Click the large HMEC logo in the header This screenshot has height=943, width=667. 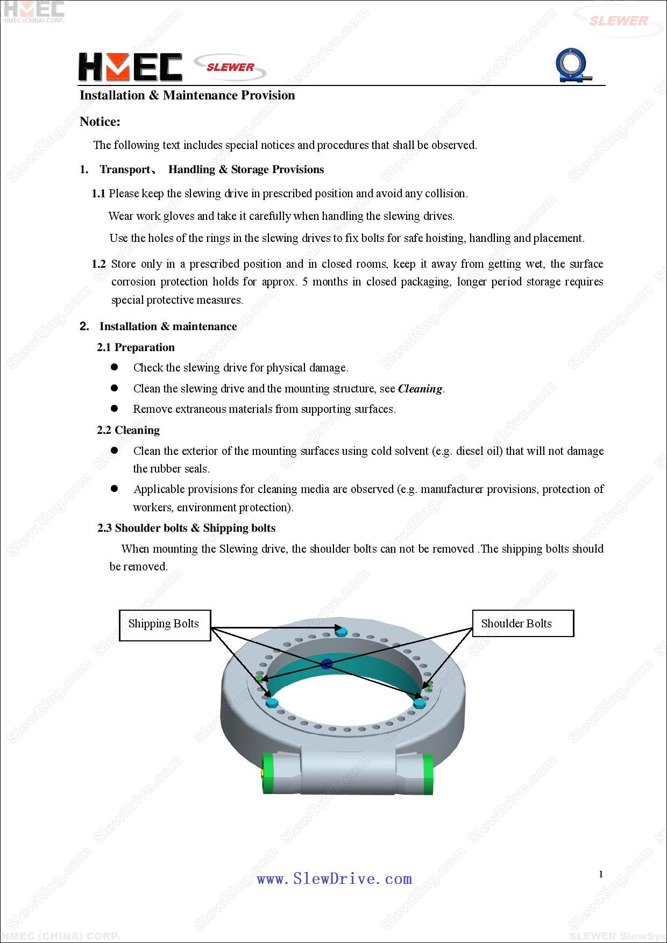point(130,67)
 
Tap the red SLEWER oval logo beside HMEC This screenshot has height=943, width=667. point(230,67)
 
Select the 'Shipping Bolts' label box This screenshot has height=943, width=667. point(164,625)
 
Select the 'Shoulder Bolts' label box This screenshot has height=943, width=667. point(522,623)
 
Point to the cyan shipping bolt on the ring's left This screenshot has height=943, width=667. point(271,702)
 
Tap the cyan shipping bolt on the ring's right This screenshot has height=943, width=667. point(419,702)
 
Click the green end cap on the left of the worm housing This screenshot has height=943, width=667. point(267,773)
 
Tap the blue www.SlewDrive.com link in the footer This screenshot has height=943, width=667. point(334,878)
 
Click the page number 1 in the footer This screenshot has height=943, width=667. point(601,874)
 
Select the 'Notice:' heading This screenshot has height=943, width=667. point(100,122)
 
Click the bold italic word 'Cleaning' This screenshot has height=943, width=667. point(420,389)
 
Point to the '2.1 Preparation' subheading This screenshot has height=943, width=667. point(136,347)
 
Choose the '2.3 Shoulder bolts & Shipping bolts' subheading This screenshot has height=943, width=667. point(186,528)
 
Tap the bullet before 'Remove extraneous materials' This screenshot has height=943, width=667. point(114,409)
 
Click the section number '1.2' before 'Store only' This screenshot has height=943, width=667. point(98,264)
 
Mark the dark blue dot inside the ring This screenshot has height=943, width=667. point(327,665)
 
